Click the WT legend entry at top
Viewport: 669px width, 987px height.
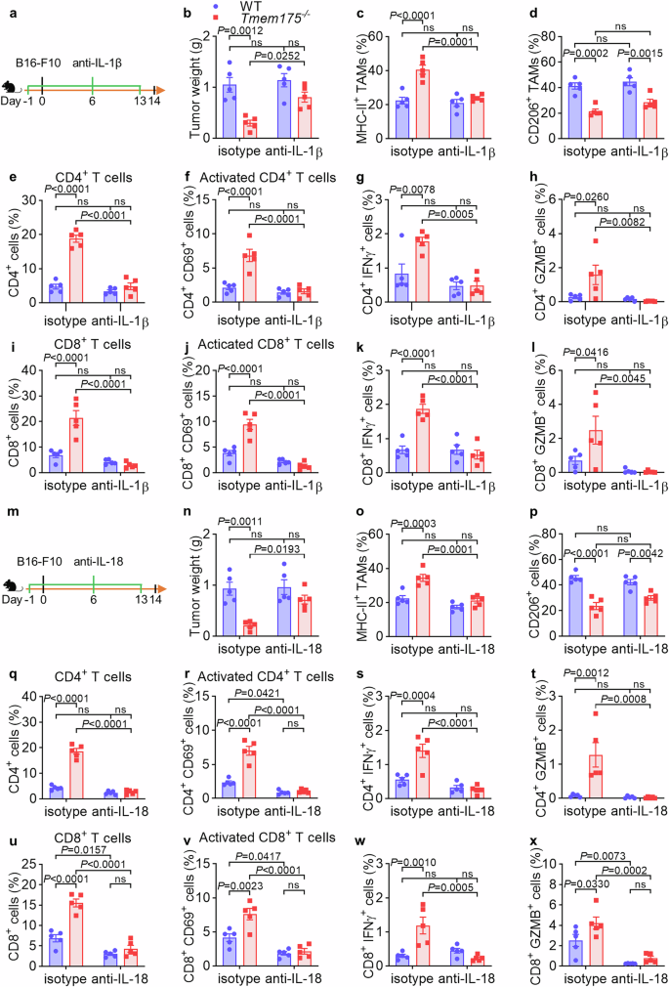232,7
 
